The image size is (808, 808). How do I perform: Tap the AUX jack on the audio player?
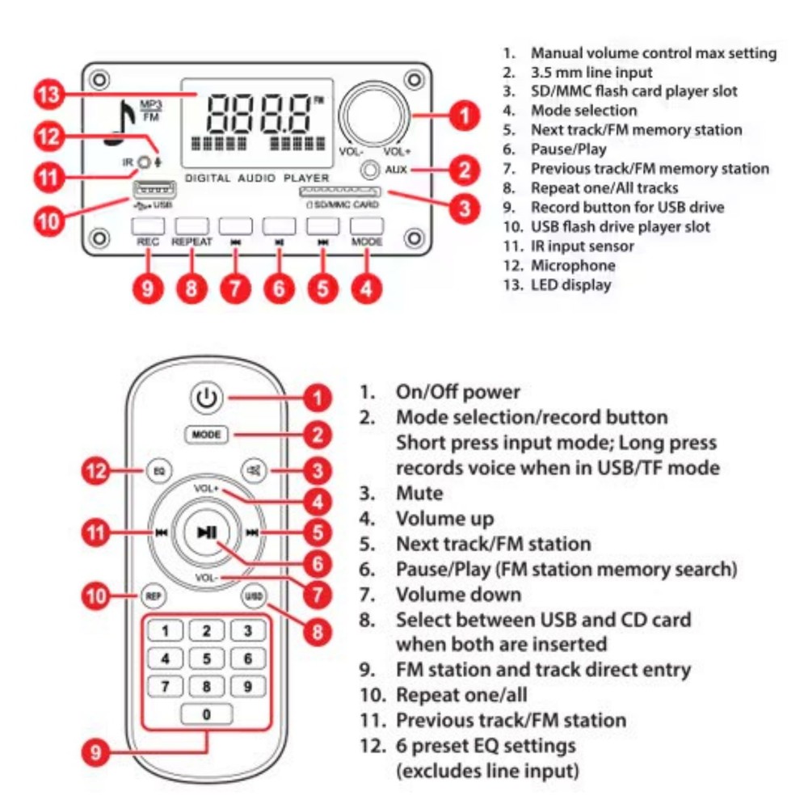tap(370, 170)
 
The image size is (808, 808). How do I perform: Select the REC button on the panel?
tap(148, 226)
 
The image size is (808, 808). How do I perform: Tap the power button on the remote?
tap(207, 398)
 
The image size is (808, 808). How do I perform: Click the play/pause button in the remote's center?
tap(207, 532)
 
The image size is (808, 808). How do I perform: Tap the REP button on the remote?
tap(153, 597)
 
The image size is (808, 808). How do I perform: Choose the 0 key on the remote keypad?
tap(206, 714)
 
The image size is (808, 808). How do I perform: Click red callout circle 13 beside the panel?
tap(52, 95)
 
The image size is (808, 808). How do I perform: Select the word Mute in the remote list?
tap(419, 493)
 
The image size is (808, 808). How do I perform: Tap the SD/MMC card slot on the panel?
tap(341, 192)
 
